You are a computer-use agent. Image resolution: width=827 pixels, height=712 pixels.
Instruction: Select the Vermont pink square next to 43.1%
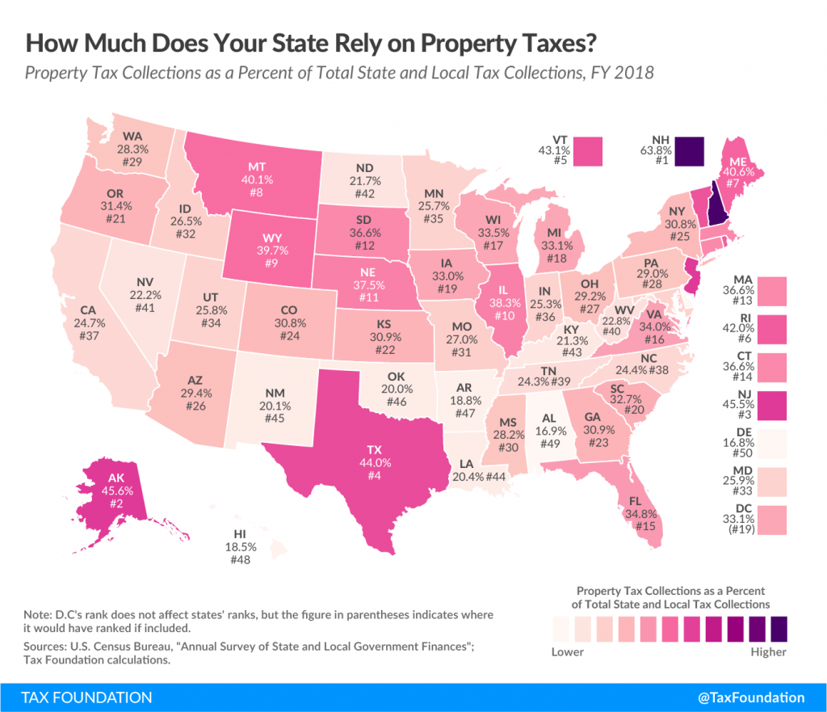click(x=595, y=151)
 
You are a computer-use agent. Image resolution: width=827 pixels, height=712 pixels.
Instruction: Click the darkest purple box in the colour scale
click(x=778, y=629)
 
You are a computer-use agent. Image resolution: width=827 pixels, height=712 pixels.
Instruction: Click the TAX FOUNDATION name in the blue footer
click(x=77, y=697)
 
